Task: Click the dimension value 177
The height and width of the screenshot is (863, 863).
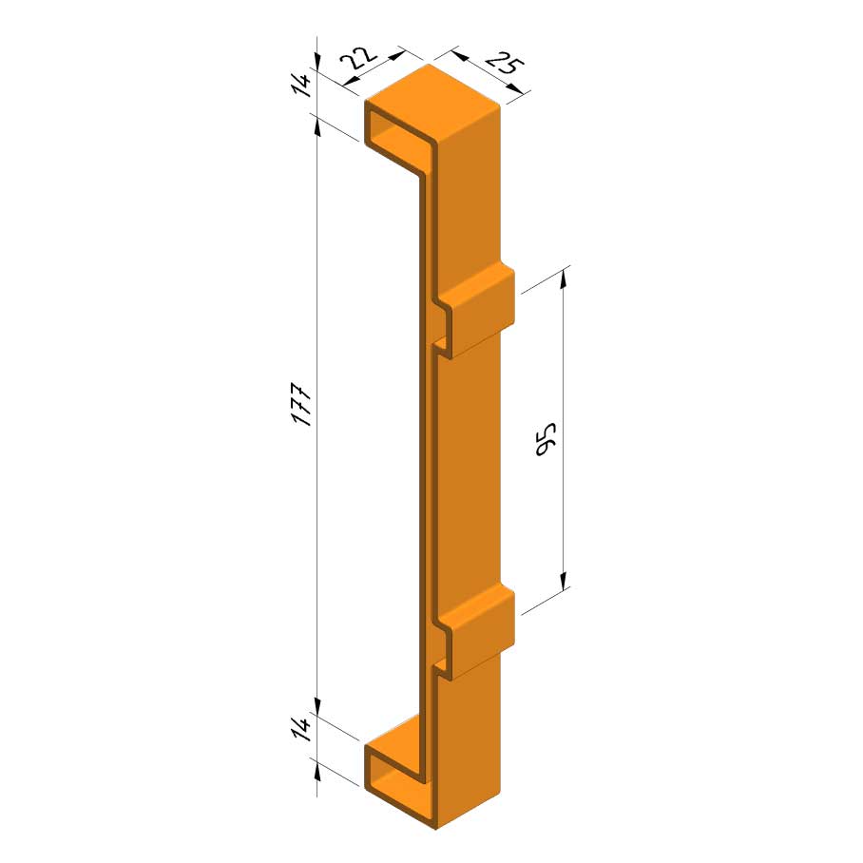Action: pos(301,405)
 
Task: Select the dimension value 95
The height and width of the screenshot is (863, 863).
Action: pos(546,439)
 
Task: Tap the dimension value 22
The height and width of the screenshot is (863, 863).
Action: pos(357,57)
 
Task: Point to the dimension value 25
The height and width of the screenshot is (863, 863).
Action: pos(504,62)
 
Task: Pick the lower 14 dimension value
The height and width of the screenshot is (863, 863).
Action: pos(301,728)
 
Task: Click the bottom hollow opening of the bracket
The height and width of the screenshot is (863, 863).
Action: pos(393,777)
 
